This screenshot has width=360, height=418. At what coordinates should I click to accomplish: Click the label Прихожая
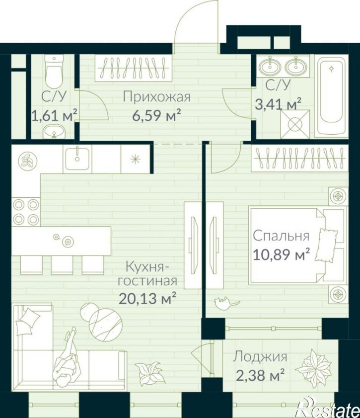(x=157, y=96)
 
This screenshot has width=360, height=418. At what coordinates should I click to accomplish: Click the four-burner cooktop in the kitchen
(x=26, y=212)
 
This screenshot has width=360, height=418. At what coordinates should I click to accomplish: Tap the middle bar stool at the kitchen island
(x=62, y=265)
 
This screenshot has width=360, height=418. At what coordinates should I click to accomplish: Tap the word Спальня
(x=281, y=236)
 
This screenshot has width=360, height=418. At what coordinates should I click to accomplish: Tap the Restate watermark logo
(x=328, y=409)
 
